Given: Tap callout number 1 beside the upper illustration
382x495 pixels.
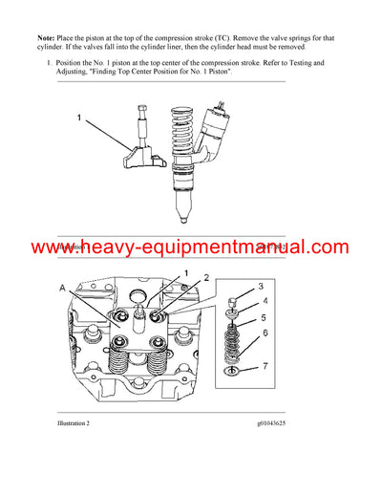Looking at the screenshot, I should click(81, 120).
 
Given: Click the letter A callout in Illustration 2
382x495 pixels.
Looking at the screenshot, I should click(63, 287).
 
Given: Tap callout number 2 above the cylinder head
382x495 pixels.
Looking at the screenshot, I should click(203, 277).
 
